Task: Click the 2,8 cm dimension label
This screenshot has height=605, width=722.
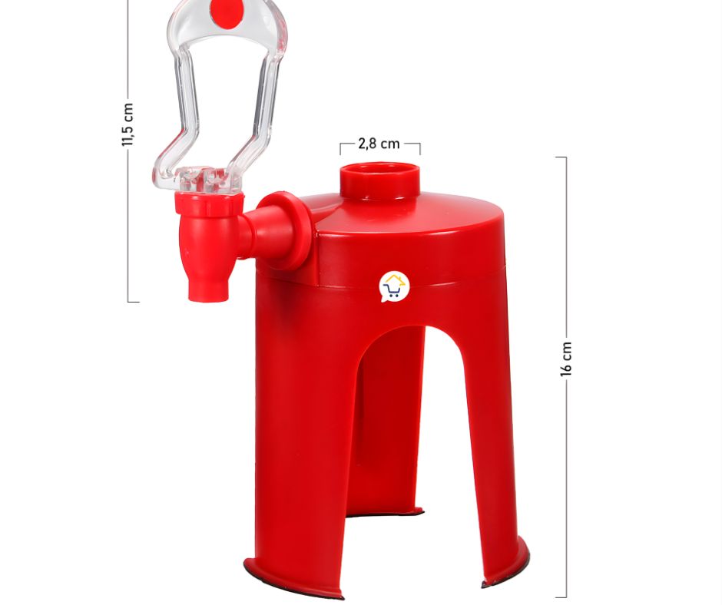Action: pyautogui.click(x=379, y=144)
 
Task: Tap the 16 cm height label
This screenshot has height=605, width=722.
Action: pyautogui.click(x=566, y=359)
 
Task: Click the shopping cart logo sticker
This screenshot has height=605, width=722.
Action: pyautogui.click(x=394, y=286)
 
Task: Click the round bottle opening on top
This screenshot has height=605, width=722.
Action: pyautogui.click(x=380, y=170)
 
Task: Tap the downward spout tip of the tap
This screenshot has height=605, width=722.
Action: pyautogui.click(x=207, y=293)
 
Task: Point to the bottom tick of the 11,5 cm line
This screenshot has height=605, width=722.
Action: pyautogui.click(x=133, y=301)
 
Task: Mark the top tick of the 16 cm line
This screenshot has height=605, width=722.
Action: pyautogui.click(x=561, y=157)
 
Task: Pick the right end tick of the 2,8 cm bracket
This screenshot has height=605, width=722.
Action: pyautogui.click(x=419, y=147)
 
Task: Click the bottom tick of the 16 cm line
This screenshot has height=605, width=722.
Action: pyautogui.click(x=561, y=597)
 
